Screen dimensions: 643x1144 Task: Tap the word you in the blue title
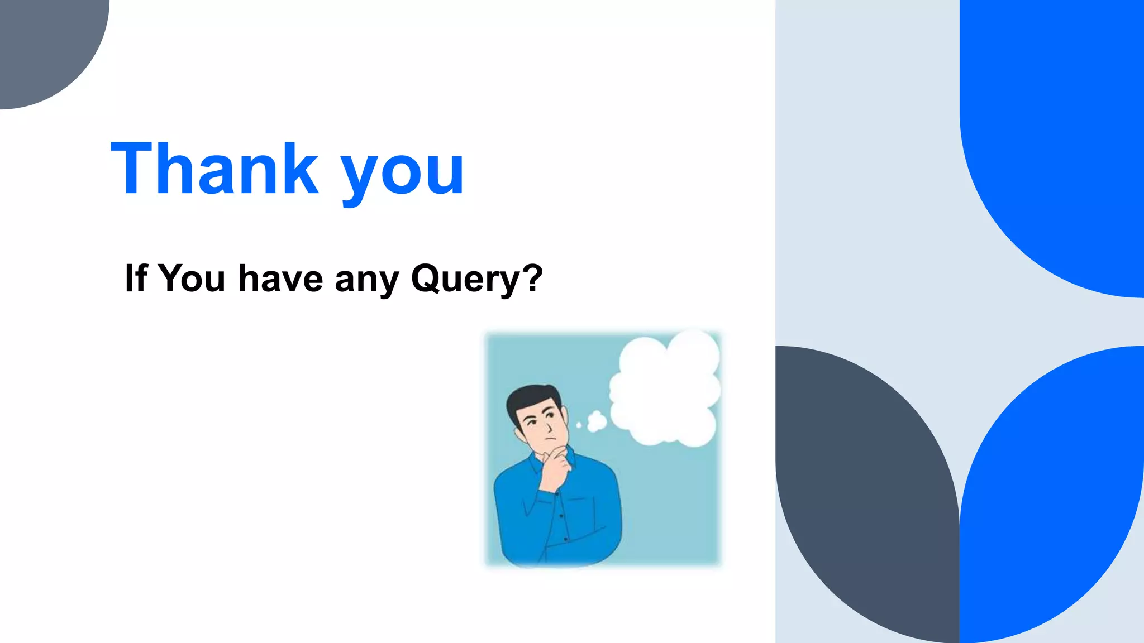402,173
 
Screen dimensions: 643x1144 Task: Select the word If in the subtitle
136,278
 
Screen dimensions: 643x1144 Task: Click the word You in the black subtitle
192,278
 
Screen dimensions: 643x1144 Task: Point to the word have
280,278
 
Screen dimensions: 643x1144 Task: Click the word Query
466,279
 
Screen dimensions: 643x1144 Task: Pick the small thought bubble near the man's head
597,421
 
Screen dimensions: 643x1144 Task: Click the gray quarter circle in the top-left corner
45,45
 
